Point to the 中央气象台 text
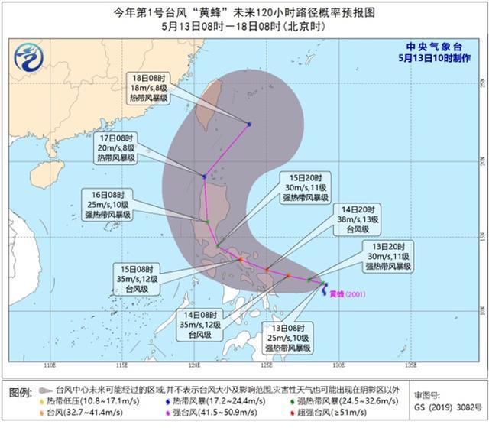coord(439,44)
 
